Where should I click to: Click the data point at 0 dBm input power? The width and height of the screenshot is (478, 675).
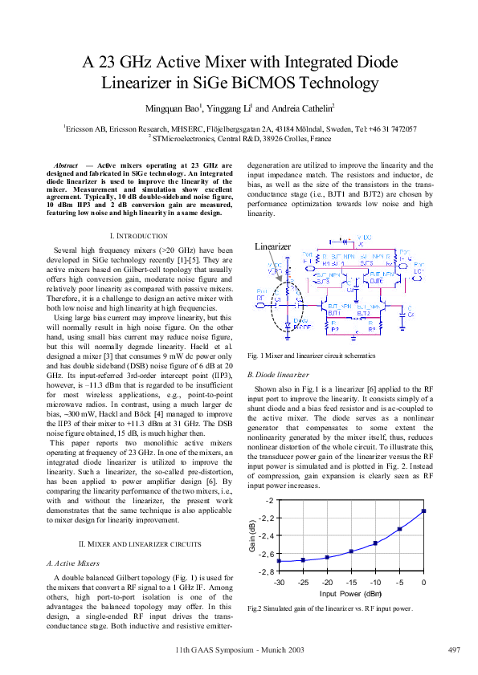[x=423, y=510]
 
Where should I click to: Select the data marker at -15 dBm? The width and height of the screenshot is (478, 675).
[x=351, y=551]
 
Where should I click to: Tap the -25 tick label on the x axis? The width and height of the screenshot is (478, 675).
[x=303, y=581]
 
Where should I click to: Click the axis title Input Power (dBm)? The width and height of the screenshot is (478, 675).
[x=351, y=593]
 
